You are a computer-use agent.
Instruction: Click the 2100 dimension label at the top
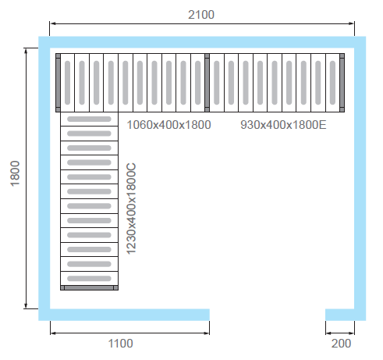201,15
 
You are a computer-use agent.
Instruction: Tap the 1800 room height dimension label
15,173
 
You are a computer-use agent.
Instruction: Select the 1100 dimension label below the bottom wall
120,344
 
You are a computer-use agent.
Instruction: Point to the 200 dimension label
341,344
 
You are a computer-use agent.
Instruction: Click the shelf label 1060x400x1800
168,125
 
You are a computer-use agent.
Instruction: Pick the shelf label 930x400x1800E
283,125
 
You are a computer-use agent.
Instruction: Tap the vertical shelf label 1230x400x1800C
131,209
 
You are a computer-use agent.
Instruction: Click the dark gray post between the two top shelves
207,83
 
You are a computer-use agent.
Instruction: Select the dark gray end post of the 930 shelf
342,83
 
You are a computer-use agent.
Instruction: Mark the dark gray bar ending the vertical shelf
89,287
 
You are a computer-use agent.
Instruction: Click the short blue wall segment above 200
340,315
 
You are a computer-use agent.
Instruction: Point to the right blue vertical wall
360,178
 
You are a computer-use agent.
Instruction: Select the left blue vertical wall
44,178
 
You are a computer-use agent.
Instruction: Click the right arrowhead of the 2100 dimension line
352,23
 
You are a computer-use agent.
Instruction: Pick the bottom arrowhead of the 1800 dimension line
26,305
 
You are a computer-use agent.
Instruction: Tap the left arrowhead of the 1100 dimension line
53,333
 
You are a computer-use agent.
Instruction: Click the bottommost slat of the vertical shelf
89,279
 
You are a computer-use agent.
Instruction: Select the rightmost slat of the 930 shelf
332,83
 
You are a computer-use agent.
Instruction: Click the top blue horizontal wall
202,42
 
